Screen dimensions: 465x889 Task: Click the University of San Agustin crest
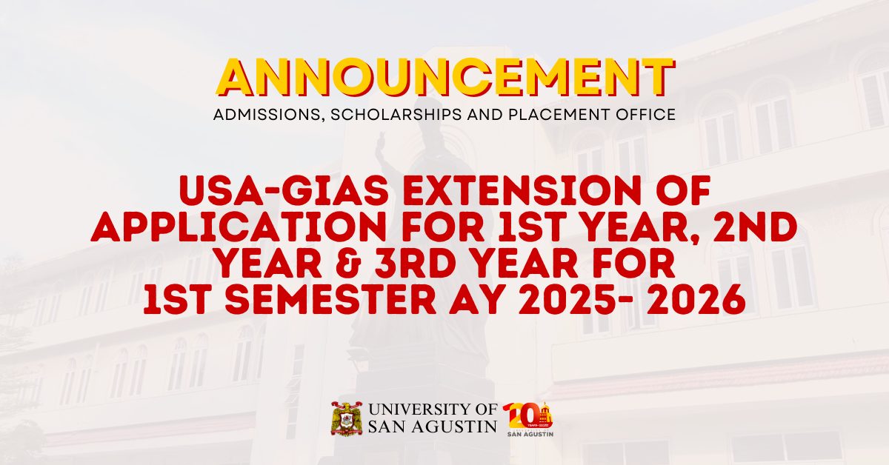[x=346, y=418]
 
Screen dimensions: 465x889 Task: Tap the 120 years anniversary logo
[x=528, y=419]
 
